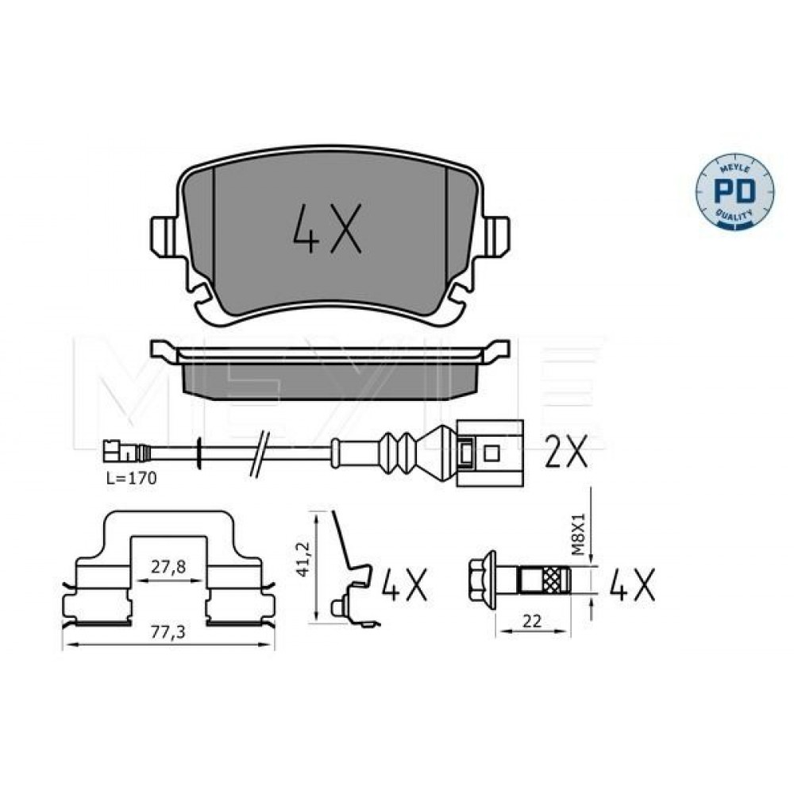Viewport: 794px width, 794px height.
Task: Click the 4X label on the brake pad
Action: coord(328,229)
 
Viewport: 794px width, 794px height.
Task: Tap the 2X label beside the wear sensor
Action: coord(565,451)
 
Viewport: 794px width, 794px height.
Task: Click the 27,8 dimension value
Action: coord(168,567)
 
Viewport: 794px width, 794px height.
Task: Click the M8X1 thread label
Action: coord(580,534)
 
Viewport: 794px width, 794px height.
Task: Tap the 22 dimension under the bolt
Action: coord(532,621)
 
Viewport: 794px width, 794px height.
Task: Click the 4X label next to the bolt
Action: coord(633,584)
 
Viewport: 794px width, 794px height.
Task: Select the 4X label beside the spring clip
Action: coord(404,584)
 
